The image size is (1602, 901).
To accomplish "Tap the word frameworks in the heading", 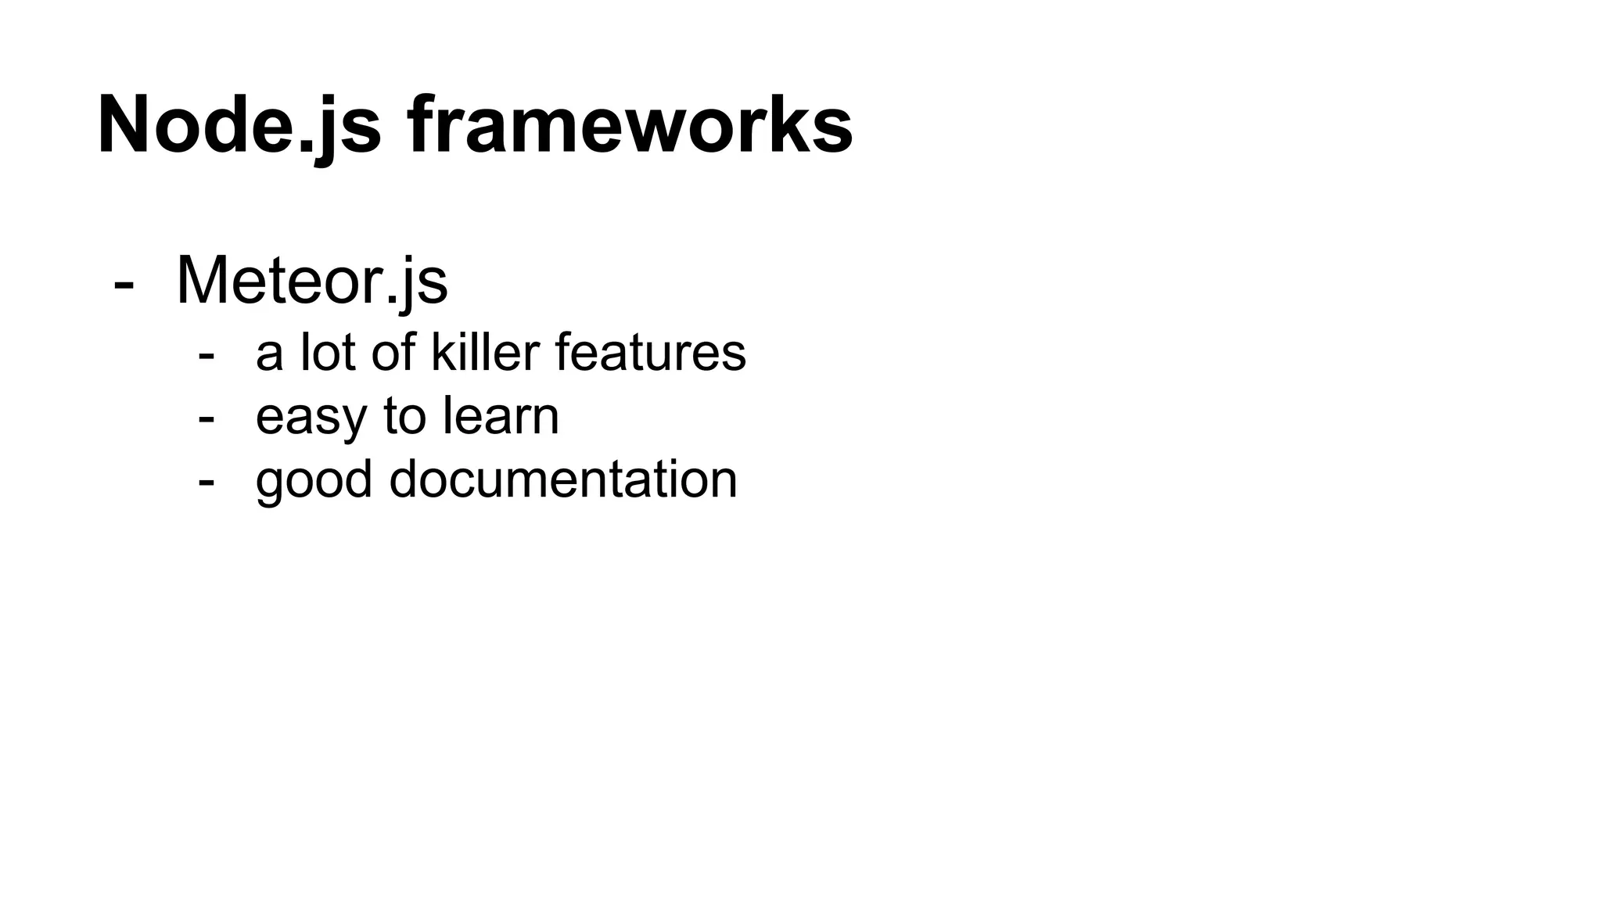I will (630, 125).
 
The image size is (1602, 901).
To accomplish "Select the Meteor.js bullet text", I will (312, 281).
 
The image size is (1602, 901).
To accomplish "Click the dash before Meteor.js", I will (123, 284).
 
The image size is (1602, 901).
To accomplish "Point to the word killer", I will (485, 353).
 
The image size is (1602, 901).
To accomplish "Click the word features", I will (650, 353).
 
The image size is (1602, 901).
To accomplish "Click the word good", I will (314, 481).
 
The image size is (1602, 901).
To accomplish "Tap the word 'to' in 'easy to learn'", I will (403, 416).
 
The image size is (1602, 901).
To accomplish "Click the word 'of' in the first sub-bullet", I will (393, 353).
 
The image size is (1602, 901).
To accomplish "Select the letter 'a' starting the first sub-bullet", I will (269, 356).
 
